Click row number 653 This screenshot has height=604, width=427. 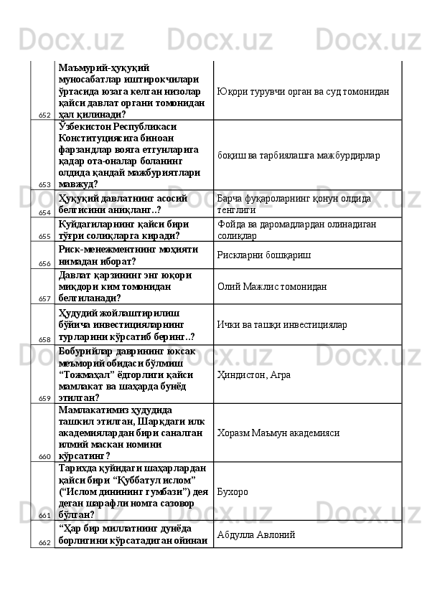(x=44, y=185)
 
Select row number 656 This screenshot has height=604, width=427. (x=44, y=264)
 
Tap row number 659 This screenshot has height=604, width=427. (x=44, y=398)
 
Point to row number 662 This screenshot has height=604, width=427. (x=44, y=543)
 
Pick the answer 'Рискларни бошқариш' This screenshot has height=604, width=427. (x=261, y=255)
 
